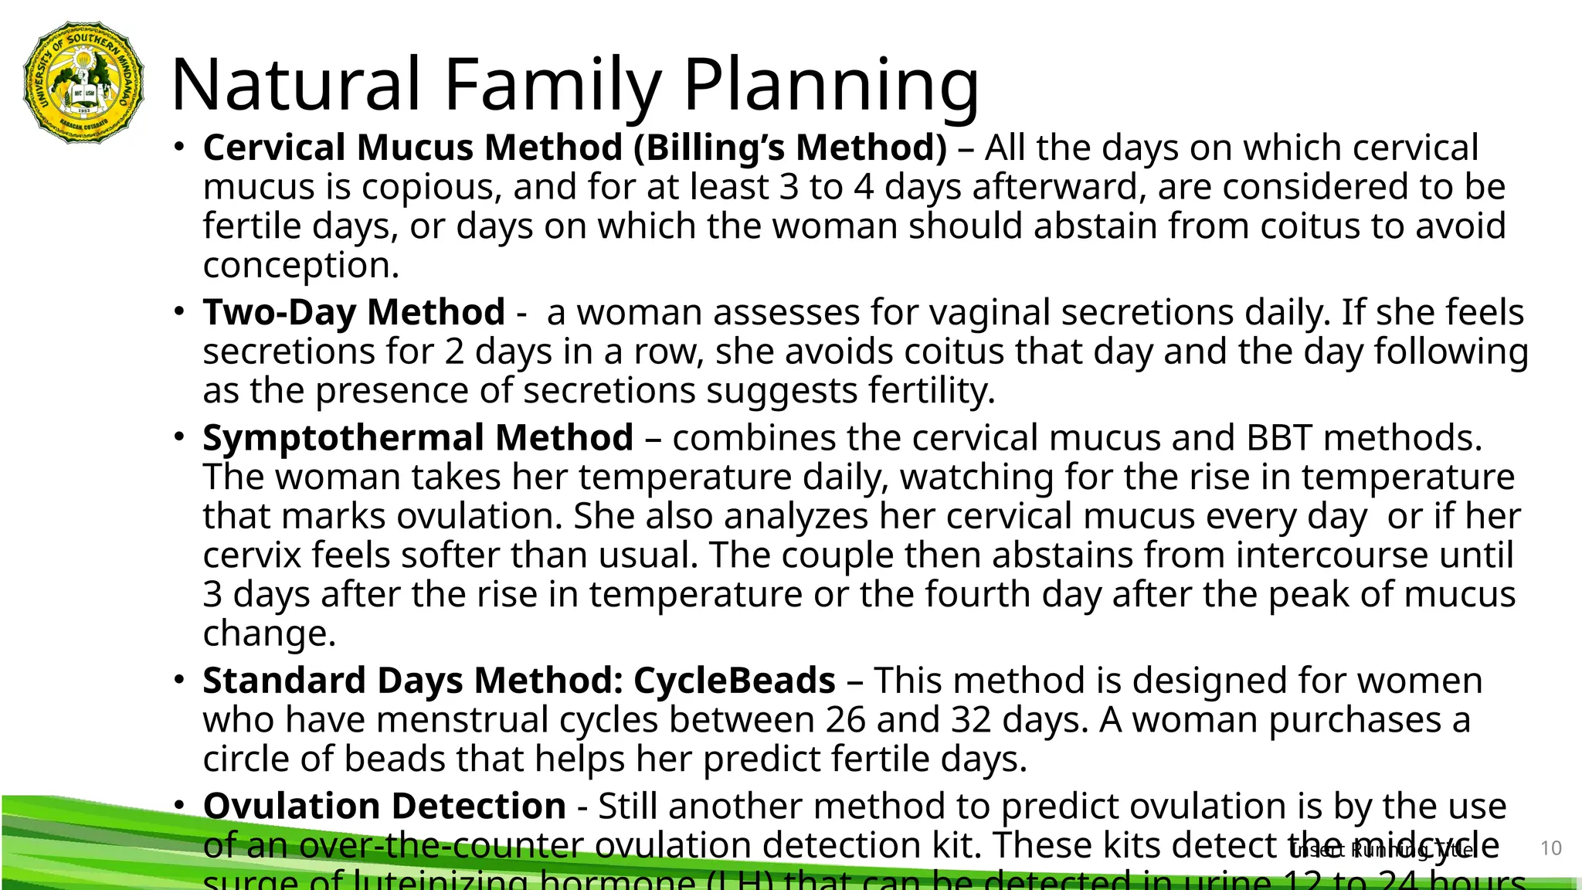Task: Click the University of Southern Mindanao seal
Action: (84, 83)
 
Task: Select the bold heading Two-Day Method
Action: (354, 312)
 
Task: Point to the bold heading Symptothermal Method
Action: (418, 438)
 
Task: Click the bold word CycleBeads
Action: (735, 681)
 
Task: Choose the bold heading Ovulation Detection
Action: (384, 806)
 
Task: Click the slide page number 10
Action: (1550, 848)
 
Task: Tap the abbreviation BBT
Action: (1278, 438)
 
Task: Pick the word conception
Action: (300, 265)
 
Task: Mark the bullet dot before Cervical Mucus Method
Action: (179, 146)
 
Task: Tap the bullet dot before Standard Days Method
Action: (179, 679)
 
